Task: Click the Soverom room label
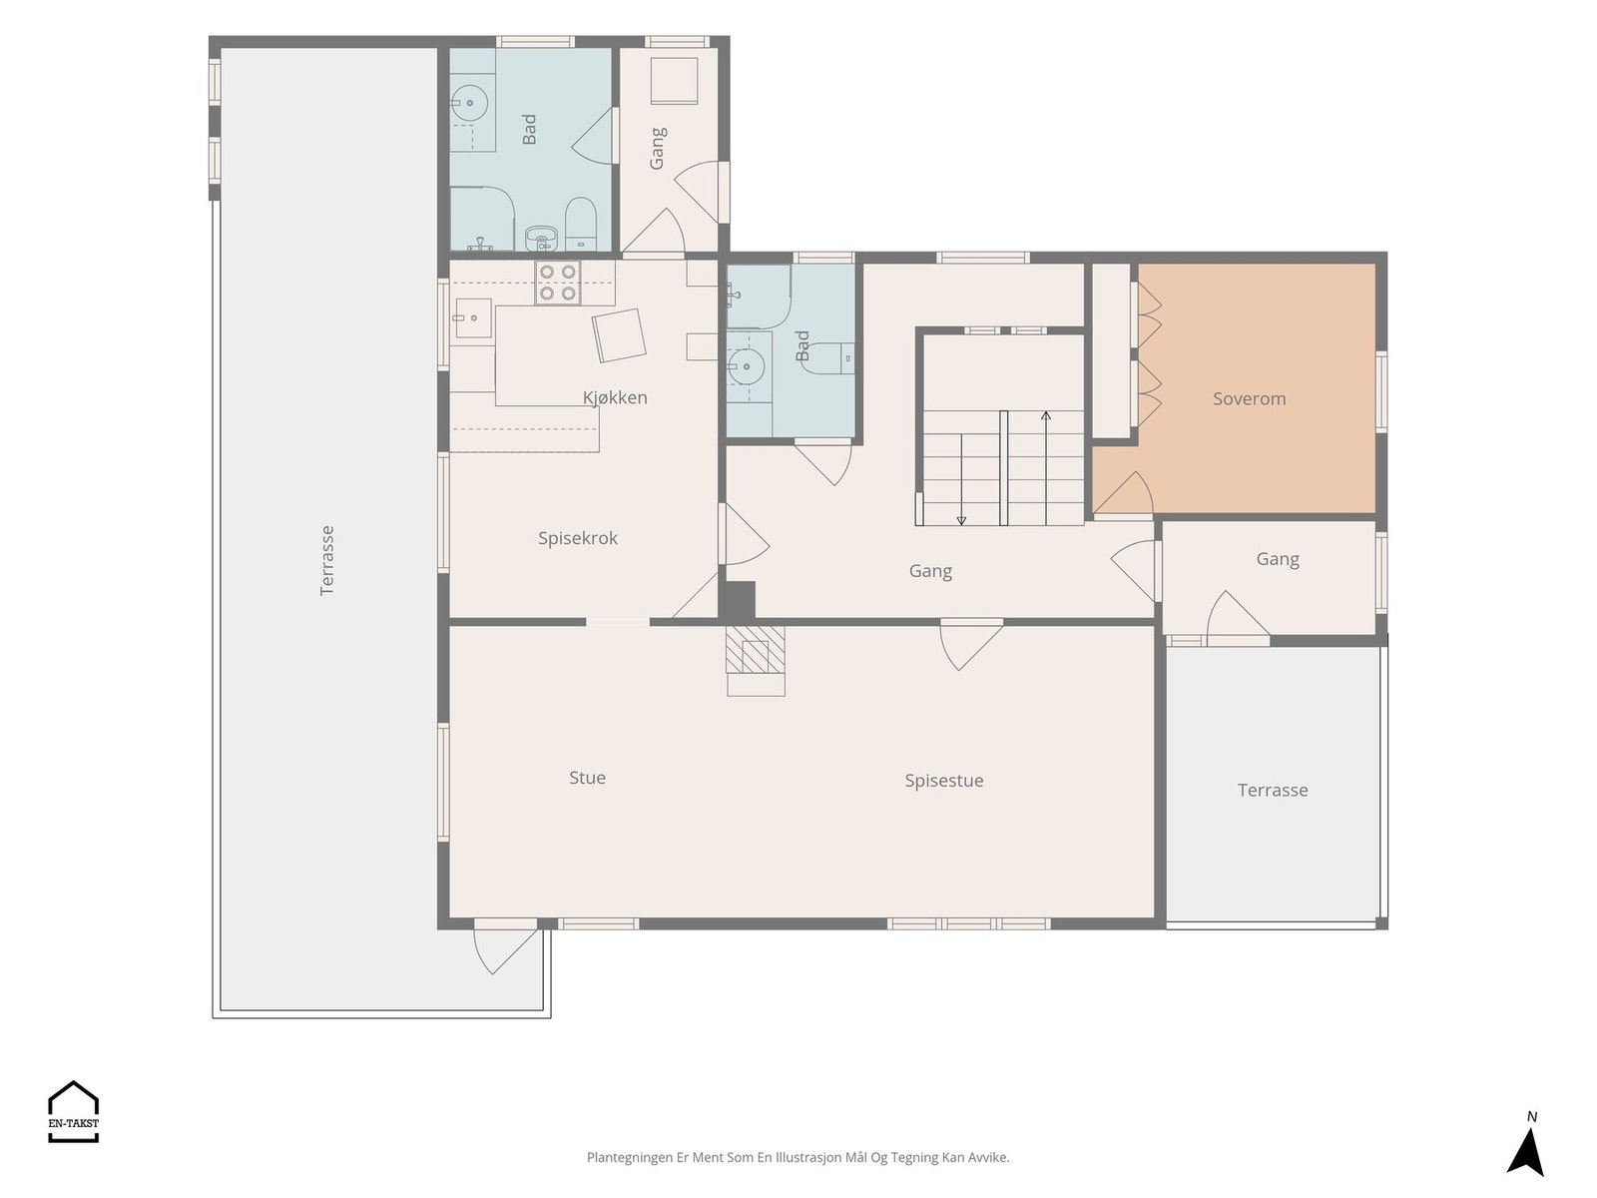[x=1249, y=398]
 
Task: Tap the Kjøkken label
[x=615, y=397]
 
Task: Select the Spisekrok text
[x=578, y=538]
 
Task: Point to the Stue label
[x=587, y=778]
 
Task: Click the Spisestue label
[x=943, y=781]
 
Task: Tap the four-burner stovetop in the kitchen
[x=557, y=283]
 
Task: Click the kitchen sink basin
[x=473, y=317]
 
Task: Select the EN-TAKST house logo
[x=73, y=1111]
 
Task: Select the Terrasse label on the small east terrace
[x=1273, y=790]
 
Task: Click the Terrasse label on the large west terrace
[x=327, y=561]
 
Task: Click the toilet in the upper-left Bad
[x=581, y=223]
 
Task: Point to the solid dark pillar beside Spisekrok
[x=737, y=600]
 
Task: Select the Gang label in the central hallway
[x=930, y=571]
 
